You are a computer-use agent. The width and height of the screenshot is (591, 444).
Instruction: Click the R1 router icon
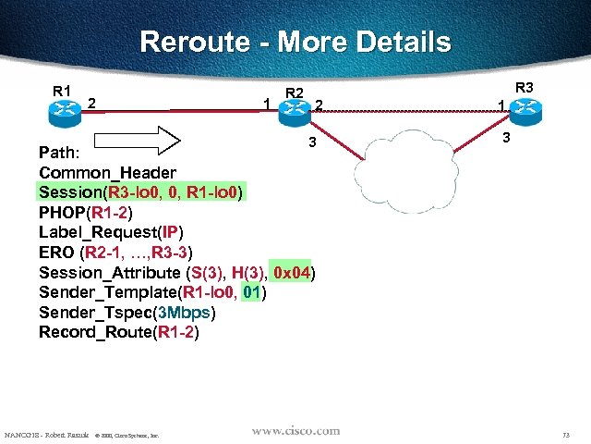pyautogui.click(x=65, y=108)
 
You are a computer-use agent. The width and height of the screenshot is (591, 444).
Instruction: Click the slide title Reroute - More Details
pyautogui.click(x=295, y=43)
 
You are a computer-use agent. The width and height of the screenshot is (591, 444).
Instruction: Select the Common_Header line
pyautogui.click(x=107, y=172)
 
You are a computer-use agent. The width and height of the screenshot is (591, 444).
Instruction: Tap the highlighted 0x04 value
pyautogui.click(x=294, y=273)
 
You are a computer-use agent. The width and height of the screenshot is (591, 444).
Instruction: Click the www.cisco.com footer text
pyautogui.click(x=296, y=431)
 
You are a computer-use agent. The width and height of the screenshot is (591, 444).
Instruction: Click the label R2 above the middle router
pyautogui.click(x=295, y=92)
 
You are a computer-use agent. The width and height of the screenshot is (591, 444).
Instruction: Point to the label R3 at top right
pyautogui.click(x=525, y=88)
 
